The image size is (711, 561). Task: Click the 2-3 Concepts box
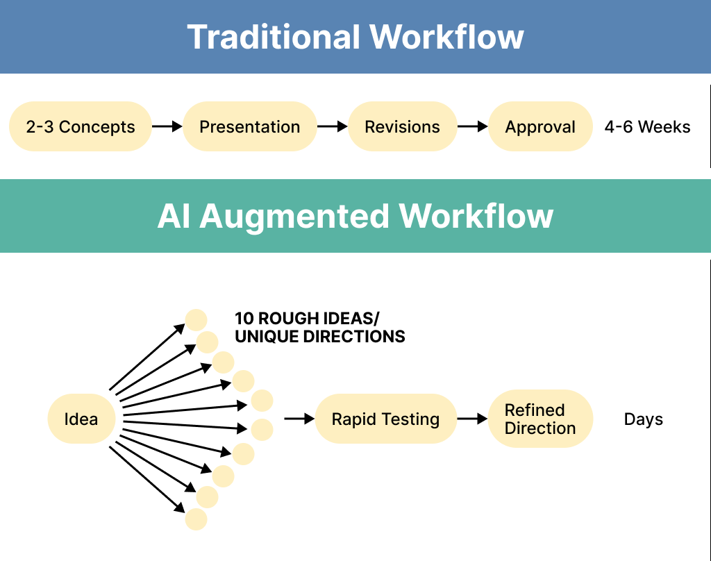(x=80, y=126)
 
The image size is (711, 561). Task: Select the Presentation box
(x=250, y=126)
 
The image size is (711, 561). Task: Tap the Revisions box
(x=402, y=126)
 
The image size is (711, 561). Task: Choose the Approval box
(x=540, y=126)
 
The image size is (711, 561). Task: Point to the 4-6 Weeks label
(x=647, y=127)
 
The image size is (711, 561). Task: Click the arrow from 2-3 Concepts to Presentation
(x=167, y=126)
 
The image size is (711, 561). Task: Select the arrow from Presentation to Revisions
(x=332, y=126)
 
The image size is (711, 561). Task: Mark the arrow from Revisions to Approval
(x=472, y=126)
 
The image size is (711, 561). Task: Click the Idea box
(x=81, y=419)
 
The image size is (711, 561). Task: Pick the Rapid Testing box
(x=385, y=419)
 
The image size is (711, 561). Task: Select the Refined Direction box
(x=540, y=419)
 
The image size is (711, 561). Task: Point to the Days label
(x=643, y=419)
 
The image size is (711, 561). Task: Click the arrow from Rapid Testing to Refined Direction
(x=472, y=419)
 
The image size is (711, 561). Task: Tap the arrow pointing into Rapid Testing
(x=299, y=419)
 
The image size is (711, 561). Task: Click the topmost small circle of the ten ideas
(x=196, y=320)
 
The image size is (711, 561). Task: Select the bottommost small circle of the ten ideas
(x=196, y=519)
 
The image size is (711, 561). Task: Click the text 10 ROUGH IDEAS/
(x=307, y=319)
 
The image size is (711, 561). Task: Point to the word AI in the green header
(x=174, y=216)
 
